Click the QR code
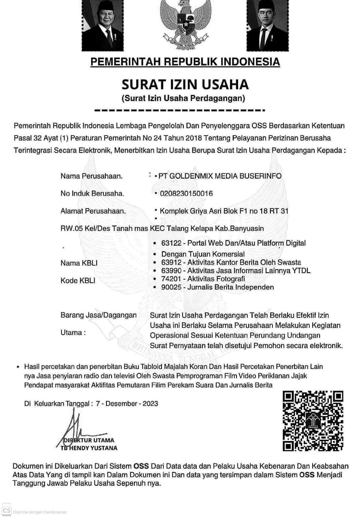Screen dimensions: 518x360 coord(313,420)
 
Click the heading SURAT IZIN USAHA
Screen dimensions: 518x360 coord(185,85)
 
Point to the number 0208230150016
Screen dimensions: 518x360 coord(186,193)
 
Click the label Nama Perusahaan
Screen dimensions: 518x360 coord(92,176)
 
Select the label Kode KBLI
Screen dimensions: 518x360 coord(78,280)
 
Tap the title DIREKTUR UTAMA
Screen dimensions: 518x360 coord(90,440)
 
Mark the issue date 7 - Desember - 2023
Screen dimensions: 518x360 coord(127,403)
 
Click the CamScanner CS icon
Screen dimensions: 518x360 coord(6,510)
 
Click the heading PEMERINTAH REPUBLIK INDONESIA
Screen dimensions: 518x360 coord(185,62)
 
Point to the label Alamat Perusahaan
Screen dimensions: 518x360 coord(93,211)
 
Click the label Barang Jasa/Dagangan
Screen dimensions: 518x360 coord(98,315)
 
